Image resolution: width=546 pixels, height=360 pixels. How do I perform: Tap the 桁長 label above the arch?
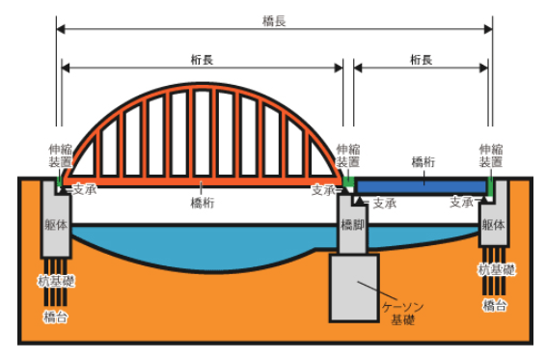pos(203,59)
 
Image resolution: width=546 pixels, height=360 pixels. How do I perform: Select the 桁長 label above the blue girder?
pos(421,59)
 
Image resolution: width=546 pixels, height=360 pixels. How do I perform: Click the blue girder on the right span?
pos(421,183)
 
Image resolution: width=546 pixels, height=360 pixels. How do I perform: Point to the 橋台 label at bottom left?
pos(55,315)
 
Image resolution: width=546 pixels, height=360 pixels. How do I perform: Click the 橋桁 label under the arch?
pos(203,203)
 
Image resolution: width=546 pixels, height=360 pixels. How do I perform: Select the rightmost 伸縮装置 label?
pos(493,157)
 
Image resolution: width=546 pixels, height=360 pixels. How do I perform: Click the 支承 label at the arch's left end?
pos(84,190)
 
